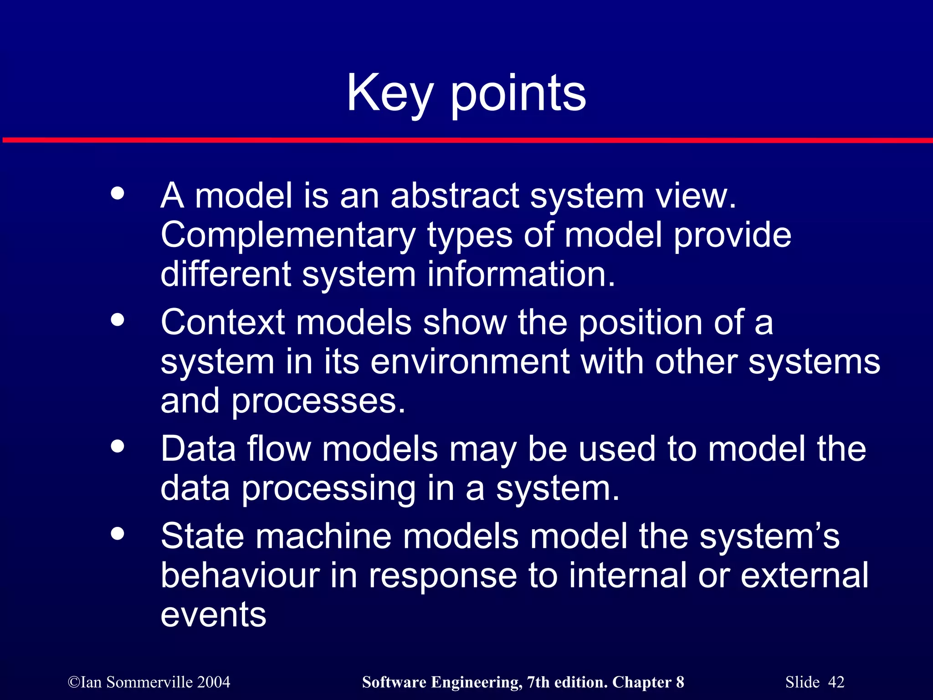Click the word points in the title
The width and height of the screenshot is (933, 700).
(518, 94)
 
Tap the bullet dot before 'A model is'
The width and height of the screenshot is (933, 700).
(118, 193)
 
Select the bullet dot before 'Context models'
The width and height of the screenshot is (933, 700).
(118, 319)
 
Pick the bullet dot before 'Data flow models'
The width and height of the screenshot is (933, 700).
(118, 446)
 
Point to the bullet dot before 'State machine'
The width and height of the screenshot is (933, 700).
(118, 533)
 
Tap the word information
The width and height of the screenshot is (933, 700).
(521, 274)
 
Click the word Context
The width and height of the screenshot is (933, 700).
(223, 322)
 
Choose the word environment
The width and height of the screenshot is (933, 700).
(470, 362)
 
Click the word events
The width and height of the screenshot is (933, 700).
(213, 615)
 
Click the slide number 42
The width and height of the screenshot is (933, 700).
(836, 682)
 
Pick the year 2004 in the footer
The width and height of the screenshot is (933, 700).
(214, 682)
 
